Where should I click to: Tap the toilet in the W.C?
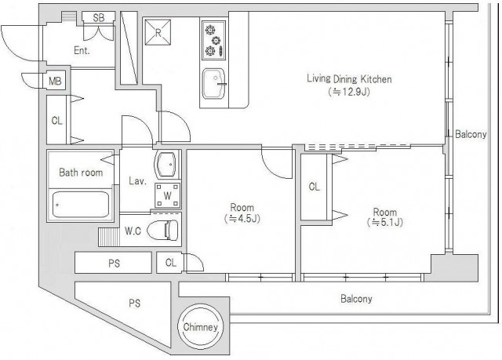coord(163,230)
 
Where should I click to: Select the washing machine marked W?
coord(167,195)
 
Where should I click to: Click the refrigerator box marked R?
coord(158,32)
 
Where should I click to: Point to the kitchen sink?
coord(213,84)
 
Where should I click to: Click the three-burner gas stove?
coord(213,40)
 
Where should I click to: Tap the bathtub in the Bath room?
coord(80,204)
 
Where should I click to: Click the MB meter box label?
coord(55,81)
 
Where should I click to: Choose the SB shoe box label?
coord(99,17)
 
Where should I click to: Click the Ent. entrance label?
coord(82,50)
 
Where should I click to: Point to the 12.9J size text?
coord(349,93)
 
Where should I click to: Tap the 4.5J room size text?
coord(242,219)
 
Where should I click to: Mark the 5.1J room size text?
coord(385,222)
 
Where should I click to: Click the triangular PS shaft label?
coord(135,303)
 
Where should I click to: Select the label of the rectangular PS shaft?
coord(114,264)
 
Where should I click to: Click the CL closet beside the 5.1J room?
coord(315,187)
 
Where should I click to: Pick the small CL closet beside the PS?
coord(170,263)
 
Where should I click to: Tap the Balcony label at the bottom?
coord(356,299)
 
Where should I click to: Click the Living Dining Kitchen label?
coord(349,78)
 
